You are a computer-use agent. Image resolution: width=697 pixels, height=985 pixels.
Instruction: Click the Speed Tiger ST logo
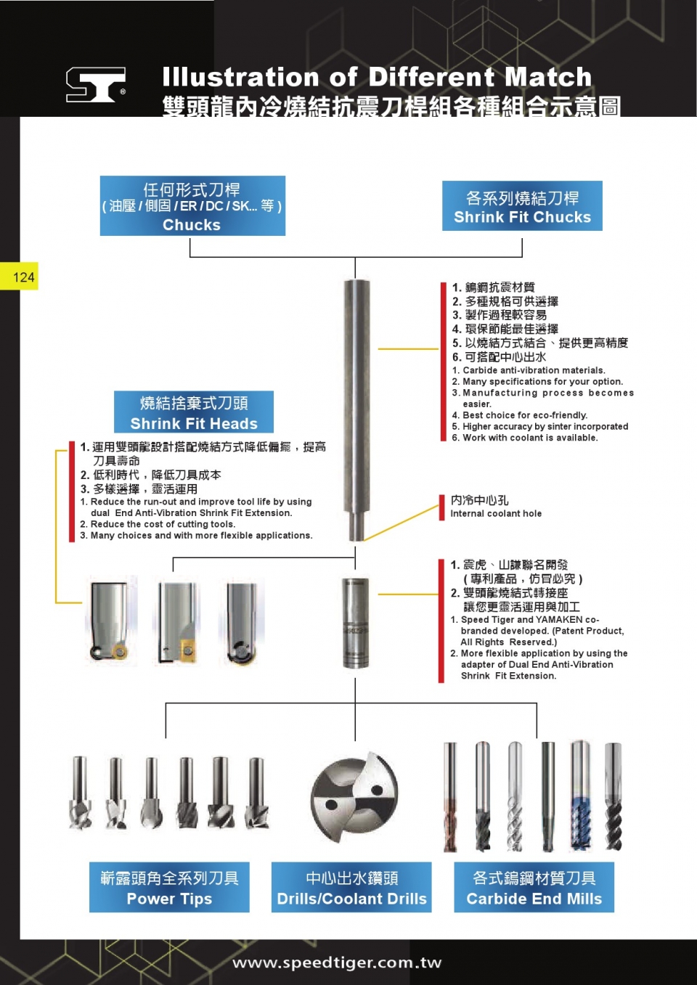coord(95,84)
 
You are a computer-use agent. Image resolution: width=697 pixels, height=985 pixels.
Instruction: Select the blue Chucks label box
coord(192,206)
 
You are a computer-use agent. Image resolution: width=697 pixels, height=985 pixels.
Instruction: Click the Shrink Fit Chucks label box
coord(522,206)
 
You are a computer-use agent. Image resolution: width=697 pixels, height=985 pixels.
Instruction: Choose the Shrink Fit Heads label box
coord(194,412)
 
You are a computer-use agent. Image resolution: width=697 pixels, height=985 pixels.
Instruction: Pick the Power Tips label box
coord(169,887)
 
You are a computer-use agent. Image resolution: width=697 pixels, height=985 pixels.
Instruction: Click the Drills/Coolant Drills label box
coord(351,887)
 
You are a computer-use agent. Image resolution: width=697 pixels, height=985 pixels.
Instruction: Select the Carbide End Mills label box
coord(534,887)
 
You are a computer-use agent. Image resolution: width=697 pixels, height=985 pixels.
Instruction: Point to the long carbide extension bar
coord(355,406)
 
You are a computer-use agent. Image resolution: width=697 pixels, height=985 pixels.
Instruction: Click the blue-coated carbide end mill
coord(580,796)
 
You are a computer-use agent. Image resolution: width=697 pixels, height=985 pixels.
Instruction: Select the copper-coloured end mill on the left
coord(451,796)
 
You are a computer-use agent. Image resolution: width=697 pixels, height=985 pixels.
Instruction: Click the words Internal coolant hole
coord(496,514)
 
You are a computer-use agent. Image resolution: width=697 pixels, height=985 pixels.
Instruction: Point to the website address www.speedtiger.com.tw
coord(337,962)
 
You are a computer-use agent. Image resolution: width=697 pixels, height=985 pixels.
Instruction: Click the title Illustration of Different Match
coord(377,77)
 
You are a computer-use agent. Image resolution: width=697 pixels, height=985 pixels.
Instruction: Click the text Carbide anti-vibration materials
coord(534,370)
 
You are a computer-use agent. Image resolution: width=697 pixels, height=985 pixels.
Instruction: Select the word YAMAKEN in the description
coord(558,620)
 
